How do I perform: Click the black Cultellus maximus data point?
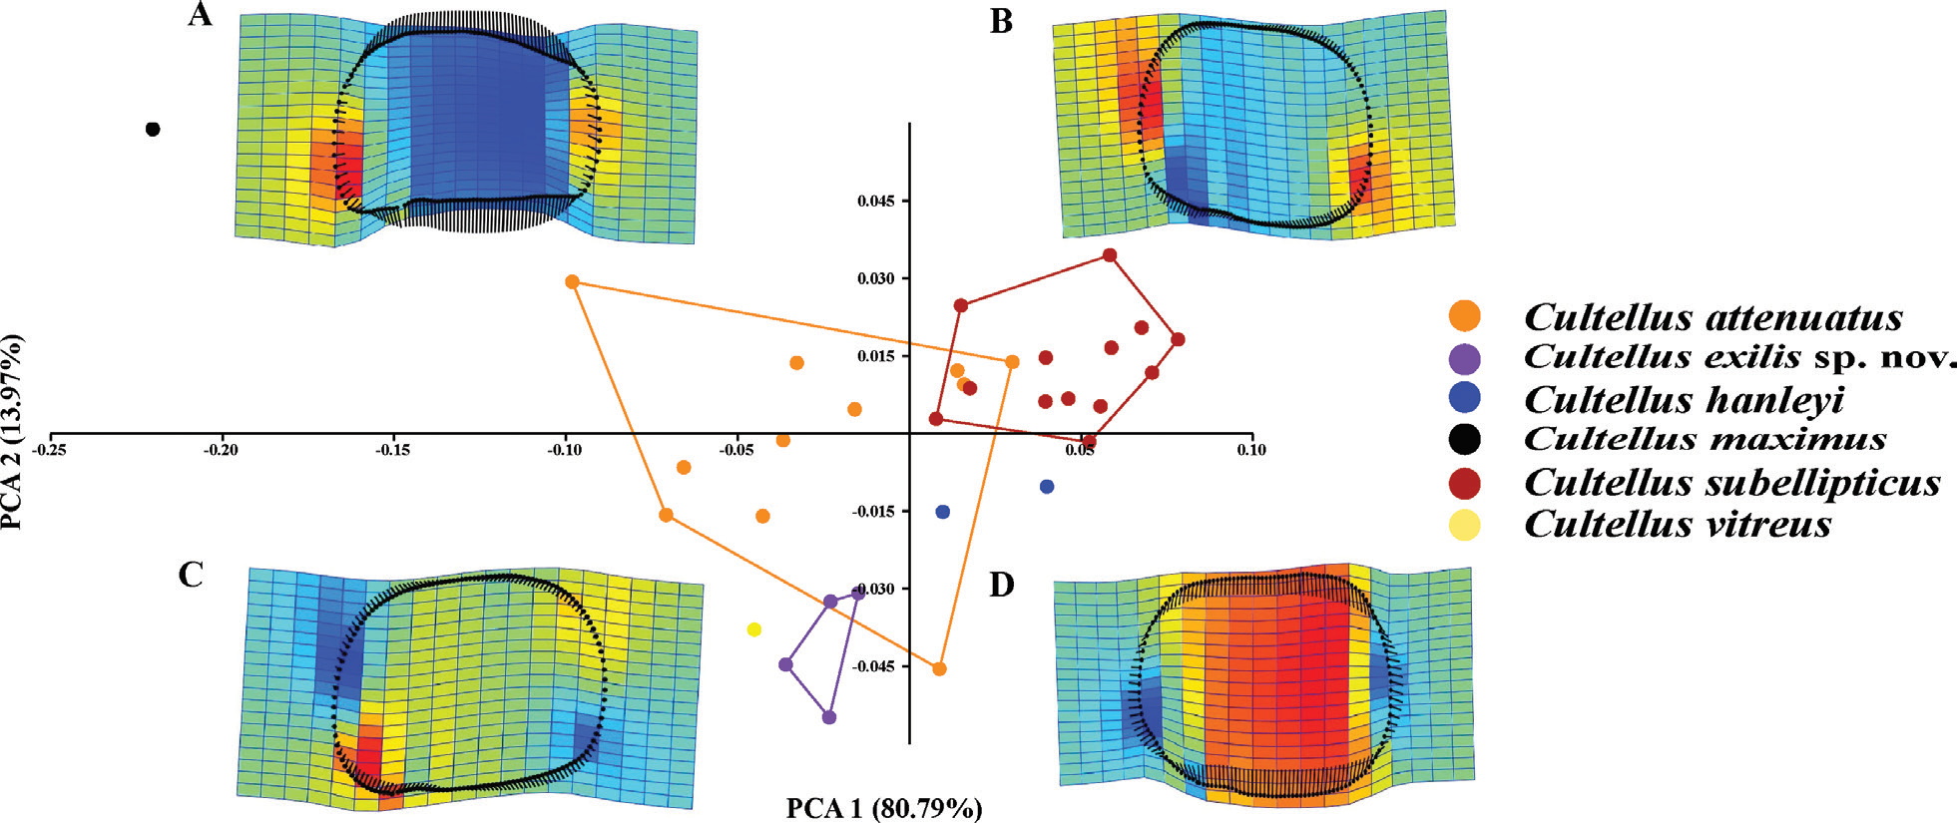pos(153,129)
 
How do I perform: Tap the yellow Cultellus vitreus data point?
pos(754,629)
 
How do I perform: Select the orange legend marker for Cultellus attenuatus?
pos(1464,316)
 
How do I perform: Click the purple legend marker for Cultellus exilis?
pos(1464,358)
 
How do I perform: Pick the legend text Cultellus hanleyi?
pos(1684,400)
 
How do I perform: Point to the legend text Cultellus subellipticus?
pos(1732,483)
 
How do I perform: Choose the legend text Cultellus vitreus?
pos(1678,524)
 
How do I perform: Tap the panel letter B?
pos(1001,21)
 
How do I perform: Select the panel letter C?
pos(191,575)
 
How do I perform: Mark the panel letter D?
pos(1001,585)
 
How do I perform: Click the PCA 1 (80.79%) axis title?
pos(884,808)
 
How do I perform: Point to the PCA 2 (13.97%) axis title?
pos(13,432)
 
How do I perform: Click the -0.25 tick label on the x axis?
pos(51,450)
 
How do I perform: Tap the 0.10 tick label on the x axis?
pos(1251,450)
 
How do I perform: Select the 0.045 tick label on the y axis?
pos(876,202)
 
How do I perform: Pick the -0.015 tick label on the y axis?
pos(873,512)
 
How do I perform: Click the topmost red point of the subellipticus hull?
pos(1109,255)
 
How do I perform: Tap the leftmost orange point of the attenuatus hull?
pos(572,282)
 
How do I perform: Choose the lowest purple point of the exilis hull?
pos(828,717)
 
